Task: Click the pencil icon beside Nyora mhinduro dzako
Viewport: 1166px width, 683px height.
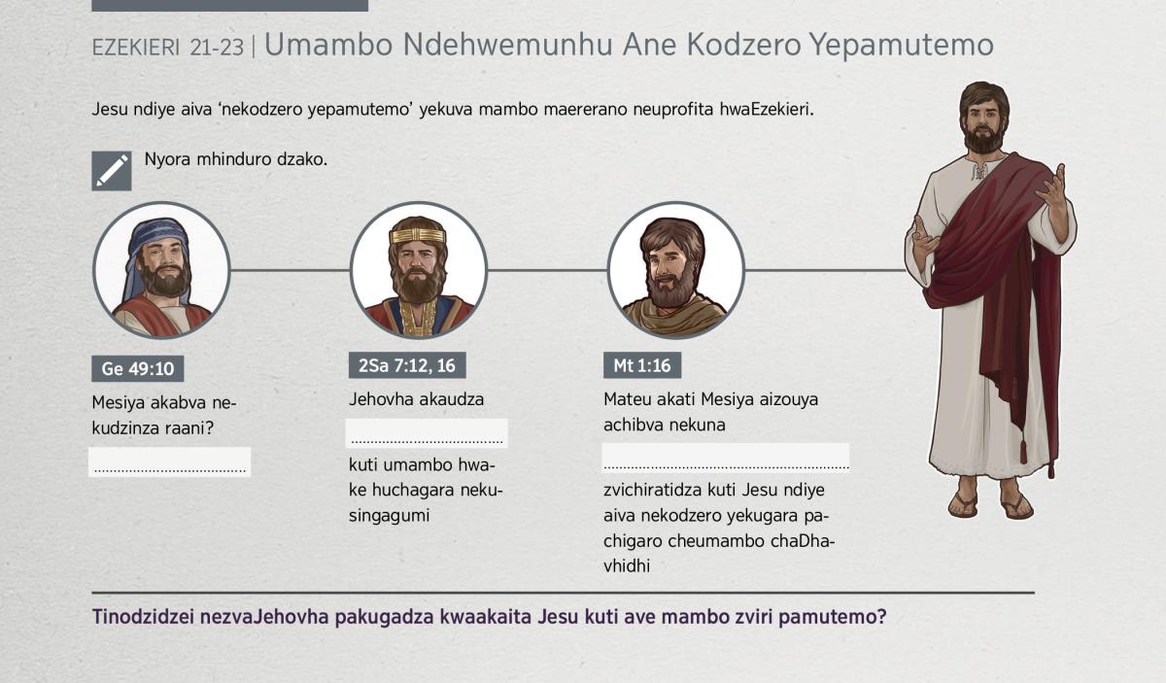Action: tap(112, 171)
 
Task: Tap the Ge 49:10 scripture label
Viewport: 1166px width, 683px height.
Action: tap(137, 368)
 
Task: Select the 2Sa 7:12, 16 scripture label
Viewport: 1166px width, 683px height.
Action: tap(407, 365)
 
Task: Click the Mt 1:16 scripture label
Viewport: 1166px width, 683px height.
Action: tap(642, 365)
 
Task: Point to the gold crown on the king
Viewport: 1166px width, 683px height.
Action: tap(418, 235)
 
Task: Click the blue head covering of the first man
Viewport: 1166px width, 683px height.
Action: tap(156, 245)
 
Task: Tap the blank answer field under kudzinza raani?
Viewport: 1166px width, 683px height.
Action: tap(170, 461)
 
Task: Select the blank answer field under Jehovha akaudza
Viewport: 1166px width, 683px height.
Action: tap(427, 433)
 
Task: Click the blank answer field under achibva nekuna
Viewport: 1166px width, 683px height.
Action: tap(726, 457)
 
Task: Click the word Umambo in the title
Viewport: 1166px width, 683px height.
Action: tap(328, 45)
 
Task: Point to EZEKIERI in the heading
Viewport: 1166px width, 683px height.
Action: tap(136, 48)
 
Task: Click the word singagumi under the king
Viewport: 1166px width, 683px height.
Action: tap(389, 516)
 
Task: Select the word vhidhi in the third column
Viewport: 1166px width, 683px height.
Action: tap(627, 565)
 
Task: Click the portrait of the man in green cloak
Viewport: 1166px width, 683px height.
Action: tap(675, 270)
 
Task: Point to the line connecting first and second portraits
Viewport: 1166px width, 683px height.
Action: tap(290, 270)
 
